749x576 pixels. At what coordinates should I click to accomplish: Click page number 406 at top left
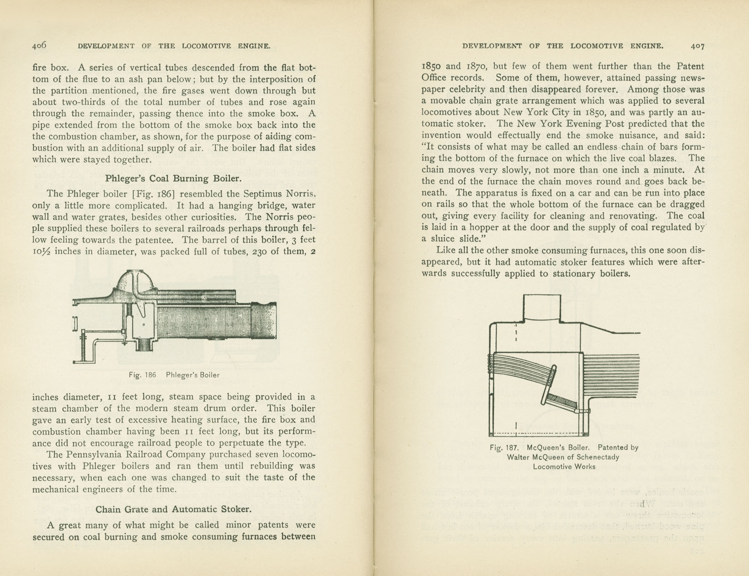click(39, 45)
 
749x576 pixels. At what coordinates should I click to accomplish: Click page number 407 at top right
click(697, 46)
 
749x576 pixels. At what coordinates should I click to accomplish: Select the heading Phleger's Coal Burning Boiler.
click(173, 178)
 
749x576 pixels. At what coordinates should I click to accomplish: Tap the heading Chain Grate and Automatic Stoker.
click(173, 509)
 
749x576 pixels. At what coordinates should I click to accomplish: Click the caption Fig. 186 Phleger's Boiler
click(174, 375)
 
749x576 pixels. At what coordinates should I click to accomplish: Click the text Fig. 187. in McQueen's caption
click(503, 448)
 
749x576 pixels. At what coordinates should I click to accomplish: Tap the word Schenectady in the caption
click(597, 457)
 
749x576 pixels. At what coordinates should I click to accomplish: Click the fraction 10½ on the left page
click(42, 251)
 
